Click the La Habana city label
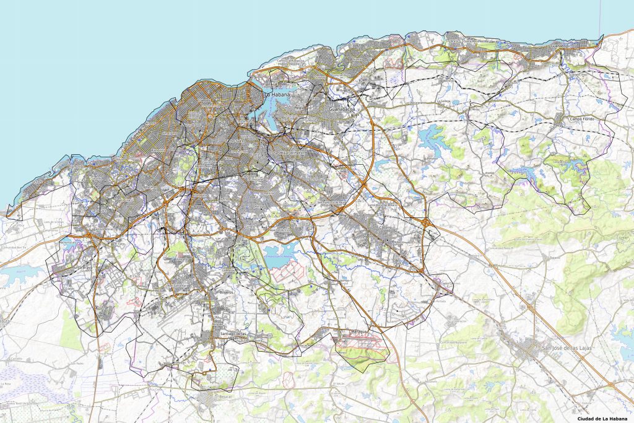click(277, 95)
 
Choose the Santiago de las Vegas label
click(233, 334)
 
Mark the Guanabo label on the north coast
click(559, 46)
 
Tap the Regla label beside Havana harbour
click(302, 107)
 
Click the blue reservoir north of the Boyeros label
click(278, 254)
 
